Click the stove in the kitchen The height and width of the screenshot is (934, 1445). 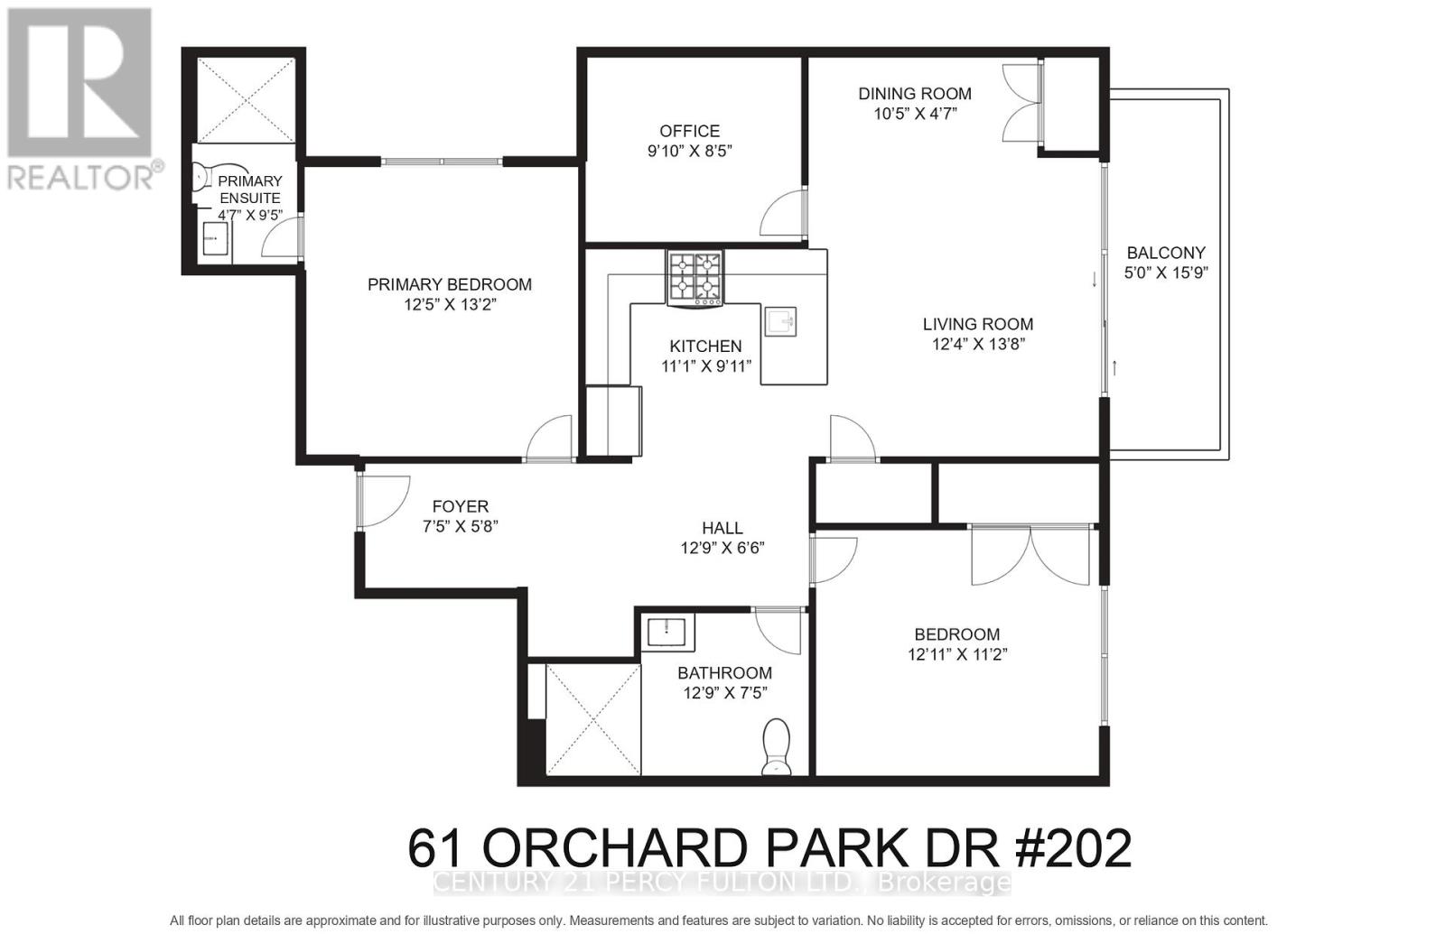coord(695,277)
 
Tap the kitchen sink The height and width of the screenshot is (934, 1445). coord(780,321)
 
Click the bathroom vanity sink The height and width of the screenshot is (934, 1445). coord(668,632)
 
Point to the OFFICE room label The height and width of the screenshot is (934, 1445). coord(689,131)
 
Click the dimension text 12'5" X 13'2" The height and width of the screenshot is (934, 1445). coord(450,305)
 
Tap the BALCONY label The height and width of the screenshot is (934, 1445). coord(1166,253)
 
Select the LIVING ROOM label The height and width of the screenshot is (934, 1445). coord(978,324)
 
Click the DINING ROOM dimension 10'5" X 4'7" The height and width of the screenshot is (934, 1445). coord(914,114)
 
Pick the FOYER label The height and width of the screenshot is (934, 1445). coord(460,507)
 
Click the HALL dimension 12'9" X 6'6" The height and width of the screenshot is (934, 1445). coord(722,548)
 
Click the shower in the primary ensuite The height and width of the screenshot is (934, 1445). coord(246,99)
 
